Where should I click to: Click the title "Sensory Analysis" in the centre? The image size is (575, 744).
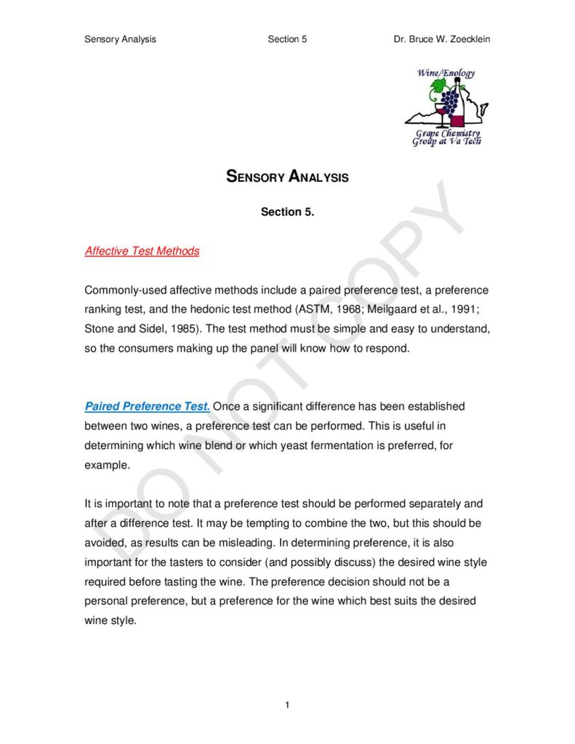(287, 177)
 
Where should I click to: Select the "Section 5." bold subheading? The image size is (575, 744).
(287, 212)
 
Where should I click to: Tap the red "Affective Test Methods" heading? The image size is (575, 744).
(142, 251)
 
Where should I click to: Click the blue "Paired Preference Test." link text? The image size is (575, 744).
(147, 406)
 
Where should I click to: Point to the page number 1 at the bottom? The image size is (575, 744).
(288, 705)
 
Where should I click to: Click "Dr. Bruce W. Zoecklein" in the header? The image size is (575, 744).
(441, 39)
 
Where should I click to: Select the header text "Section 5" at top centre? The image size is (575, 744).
(287, 39)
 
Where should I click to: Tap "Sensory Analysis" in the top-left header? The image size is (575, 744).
(120, 39)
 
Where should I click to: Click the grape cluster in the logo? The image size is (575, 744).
(451, 98)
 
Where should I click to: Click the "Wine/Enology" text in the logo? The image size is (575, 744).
(446, 73)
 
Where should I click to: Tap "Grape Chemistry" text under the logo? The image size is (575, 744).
(447, 134)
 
